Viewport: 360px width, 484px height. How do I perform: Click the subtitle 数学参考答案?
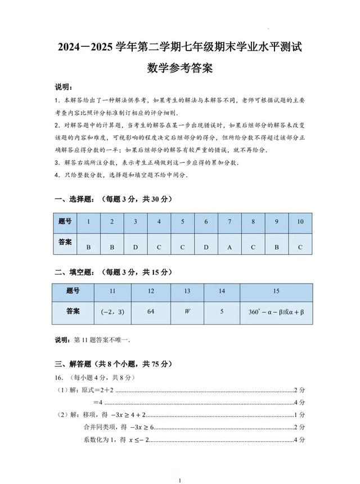pyautogui.click(x=180, y=69)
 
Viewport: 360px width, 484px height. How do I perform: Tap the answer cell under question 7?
pyautogui.click(x=229, y=247)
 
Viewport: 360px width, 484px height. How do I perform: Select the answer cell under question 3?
pyautogui.click(x=136, y=247)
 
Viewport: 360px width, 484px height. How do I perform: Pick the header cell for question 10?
pyautogui.click(x=300, y=222)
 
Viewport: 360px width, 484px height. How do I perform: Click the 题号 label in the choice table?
pyautogui.click(x=65, y=222)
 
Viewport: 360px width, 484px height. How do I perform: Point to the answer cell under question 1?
pyautogui.click(x=88, y=247)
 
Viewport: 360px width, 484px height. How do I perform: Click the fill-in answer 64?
pyautogui.click(x=151, y=311)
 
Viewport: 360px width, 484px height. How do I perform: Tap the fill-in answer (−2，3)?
pyautogui.click(x=112, y=311)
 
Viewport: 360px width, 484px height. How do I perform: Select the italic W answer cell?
pyautogui.click(x=188, y=311)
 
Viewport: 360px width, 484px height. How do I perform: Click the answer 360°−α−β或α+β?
pyautogui.click(x=276, y=311)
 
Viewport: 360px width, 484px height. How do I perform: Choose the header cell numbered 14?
pyautogui.click(x=222, y=291)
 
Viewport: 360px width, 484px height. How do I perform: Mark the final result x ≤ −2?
pyautogui.click(x=136, y=440)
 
